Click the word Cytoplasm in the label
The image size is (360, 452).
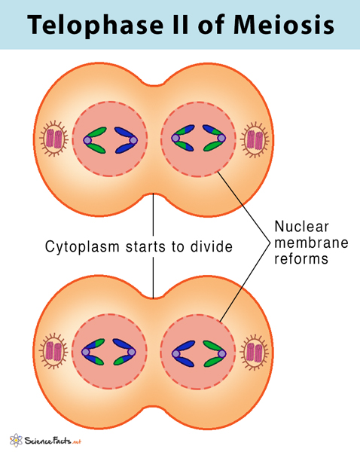coord(80,246)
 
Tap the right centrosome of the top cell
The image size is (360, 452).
coord(255,139)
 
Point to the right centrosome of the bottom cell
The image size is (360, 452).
coord(255,351)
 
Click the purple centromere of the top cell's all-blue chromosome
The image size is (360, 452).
coord(134,140)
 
